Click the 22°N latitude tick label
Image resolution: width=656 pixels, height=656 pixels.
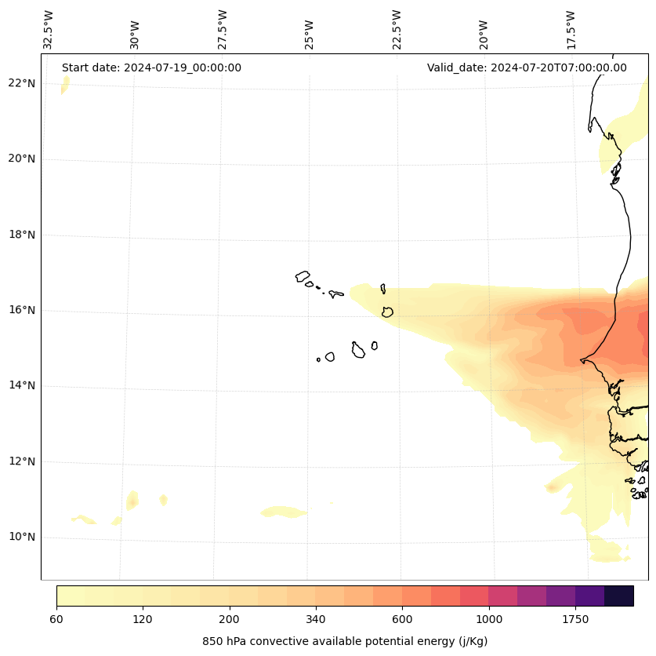pyautogui.click(x=21, y=83)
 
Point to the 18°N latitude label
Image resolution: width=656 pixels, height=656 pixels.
pyautogui.click(x=21, y=235)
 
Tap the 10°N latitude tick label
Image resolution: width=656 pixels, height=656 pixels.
pyautogui.click(x=21, y=538)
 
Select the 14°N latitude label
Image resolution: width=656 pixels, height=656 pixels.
pyautogui.click(x=21, y=386)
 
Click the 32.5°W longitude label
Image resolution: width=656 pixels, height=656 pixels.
pyautogui.click(x=49, y=30)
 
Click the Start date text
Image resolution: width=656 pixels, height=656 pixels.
pyautogui.click(x=151, y=67)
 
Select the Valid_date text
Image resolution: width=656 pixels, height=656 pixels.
pyautogui.click(x=527, y=67)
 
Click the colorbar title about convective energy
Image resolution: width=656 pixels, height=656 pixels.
pyautogui.click(x=345, y=641)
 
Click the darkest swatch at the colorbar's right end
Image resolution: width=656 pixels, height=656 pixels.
pyautogui.click(x=619, y=596)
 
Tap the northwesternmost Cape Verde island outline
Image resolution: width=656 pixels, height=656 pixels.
pyautogui.click(x=303, y=276)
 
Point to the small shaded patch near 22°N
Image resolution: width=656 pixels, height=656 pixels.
pyautogui.click(x=65, y=85)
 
